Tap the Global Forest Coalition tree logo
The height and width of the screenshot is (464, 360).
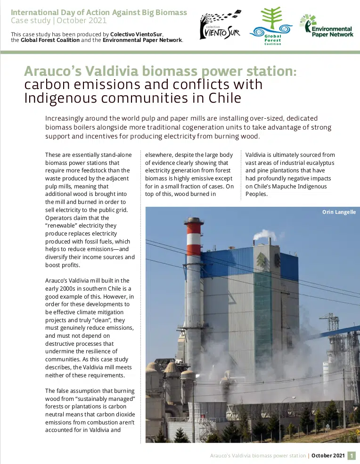point(270,26)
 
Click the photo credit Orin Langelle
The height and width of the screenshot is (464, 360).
point(338,213)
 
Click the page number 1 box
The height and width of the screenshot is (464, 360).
point(351,456)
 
